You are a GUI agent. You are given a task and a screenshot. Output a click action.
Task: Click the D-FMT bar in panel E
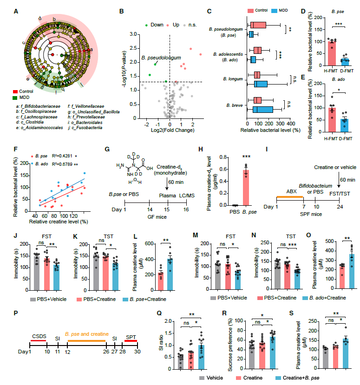coord(344,122)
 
